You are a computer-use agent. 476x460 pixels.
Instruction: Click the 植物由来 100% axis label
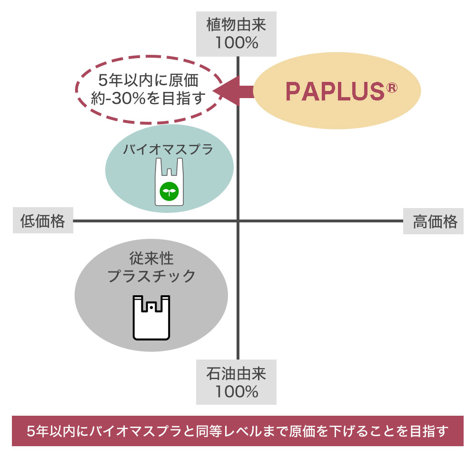[x=237, y=33]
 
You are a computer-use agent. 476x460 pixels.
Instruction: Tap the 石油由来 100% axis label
[x=237, y=382]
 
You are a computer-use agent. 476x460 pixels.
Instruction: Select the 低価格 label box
[x=43, y=221]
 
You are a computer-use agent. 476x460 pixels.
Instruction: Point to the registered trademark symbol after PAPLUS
[x=391, y=89]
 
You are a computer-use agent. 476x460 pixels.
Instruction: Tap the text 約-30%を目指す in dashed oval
[x=148, y=98]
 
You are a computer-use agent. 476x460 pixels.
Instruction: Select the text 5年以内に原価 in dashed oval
[x=148, y=80]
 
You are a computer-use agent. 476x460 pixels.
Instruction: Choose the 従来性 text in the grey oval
[x=151, y=259]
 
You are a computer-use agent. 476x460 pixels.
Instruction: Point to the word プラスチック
[x=151, y=276]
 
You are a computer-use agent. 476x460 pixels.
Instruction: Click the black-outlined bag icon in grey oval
[x=151, y=318]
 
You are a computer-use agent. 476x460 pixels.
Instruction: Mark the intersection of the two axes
[x=238, y=221]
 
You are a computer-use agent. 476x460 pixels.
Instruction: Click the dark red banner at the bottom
[x=238, y=431]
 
